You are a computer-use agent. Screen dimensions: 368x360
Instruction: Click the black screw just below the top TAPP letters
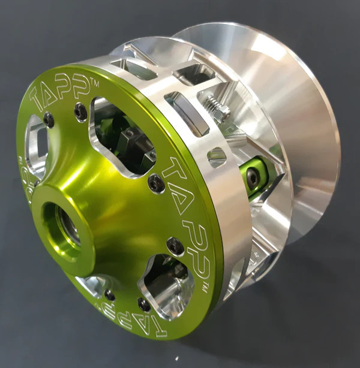coord(80,111)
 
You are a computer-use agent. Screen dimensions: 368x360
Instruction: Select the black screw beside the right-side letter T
coord(156,184)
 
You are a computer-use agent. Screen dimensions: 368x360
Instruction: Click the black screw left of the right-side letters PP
coord(175,245)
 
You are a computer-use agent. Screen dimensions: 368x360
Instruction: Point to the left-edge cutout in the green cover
coord(36,147)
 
